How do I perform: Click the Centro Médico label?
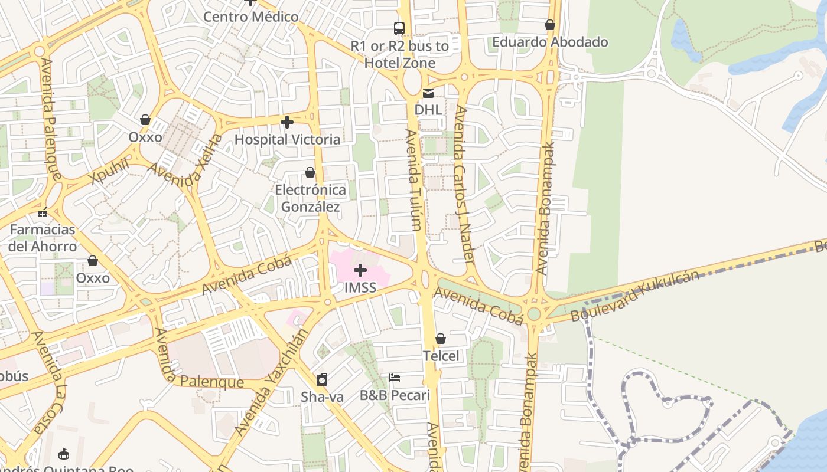pos(250,17)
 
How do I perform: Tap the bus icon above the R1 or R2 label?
pos(399,28)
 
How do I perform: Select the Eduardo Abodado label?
pos(550,42)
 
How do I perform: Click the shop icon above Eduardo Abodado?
pos(550,25)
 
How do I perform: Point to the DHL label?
pos(428,110)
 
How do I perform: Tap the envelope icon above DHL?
pos(428,93)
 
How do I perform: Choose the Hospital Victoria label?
pos(287,139)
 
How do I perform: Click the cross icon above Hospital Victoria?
pos(287,122)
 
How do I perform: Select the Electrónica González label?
pos(310,198)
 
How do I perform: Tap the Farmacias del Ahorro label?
pos(43,238)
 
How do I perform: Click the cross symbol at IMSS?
pos(360,271)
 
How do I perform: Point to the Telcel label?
pos(441,356)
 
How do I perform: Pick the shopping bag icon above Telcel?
pos(441,339)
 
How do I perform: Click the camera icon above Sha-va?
pos(322,379)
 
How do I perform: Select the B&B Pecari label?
pos(395,395)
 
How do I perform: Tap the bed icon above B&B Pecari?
pos(395,378)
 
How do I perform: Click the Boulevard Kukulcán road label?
pos(635,296)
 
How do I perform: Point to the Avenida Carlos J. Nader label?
pos(465,185)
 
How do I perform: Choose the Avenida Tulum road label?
pos(413,179)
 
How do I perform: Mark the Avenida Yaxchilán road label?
pos(272,382)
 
